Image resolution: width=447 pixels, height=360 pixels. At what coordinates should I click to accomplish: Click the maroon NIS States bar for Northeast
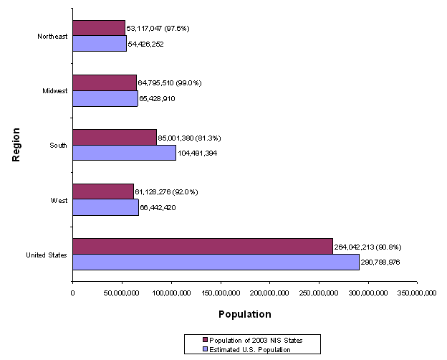(99, 28)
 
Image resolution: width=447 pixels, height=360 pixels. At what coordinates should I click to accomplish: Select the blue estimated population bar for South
(124, 153)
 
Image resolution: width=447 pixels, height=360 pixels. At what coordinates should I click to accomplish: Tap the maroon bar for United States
(203, 246)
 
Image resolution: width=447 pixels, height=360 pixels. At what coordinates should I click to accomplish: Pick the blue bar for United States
(216, 262)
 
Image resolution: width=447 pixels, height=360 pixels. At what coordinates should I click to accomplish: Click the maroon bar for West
(103, 191)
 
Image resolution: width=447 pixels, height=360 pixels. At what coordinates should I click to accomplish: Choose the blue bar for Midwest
(105, 98)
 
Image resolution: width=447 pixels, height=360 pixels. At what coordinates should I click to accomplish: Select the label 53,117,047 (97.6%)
(158, 28)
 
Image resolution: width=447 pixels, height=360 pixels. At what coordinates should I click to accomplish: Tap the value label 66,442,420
(163, 207)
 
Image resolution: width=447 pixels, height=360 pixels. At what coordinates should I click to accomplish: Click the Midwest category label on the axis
(55, 91)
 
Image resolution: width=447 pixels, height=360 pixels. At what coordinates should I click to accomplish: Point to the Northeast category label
(53, 36)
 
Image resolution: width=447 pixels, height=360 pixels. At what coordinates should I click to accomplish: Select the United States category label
(47, 255)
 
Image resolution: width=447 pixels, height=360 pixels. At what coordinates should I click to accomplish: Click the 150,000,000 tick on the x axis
(221, 293)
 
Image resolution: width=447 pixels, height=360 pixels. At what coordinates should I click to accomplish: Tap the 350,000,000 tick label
(417, 293)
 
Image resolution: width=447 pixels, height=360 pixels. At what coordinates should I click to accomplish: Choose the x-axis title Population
(245, 314)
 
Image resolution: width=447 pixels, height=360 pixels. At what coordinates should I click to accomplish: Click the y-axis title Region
(16, 145)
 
